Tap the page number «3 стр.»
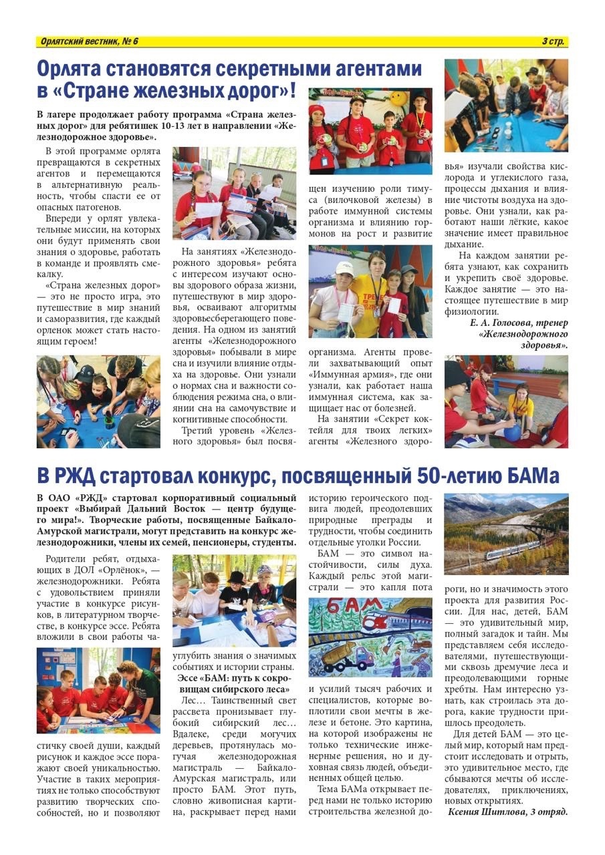[x=553, y=42]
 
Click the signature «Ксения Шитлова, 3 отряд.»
[x=507, y=812]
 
